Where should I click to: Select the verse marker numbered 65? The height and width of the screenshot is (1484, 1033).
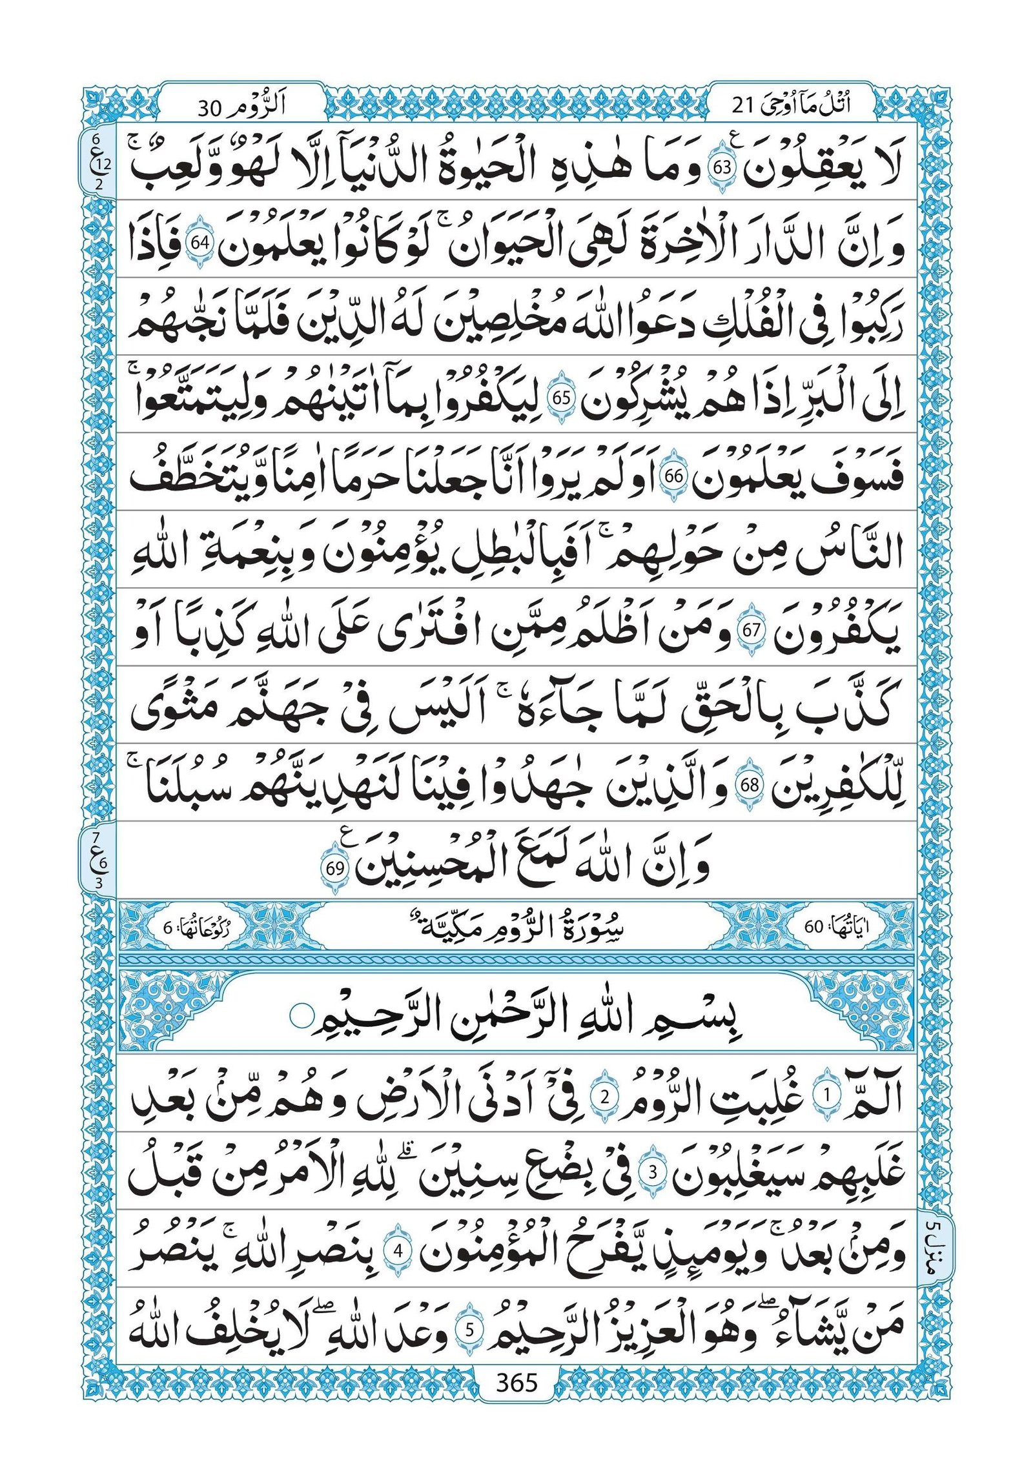coord(560,400)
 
